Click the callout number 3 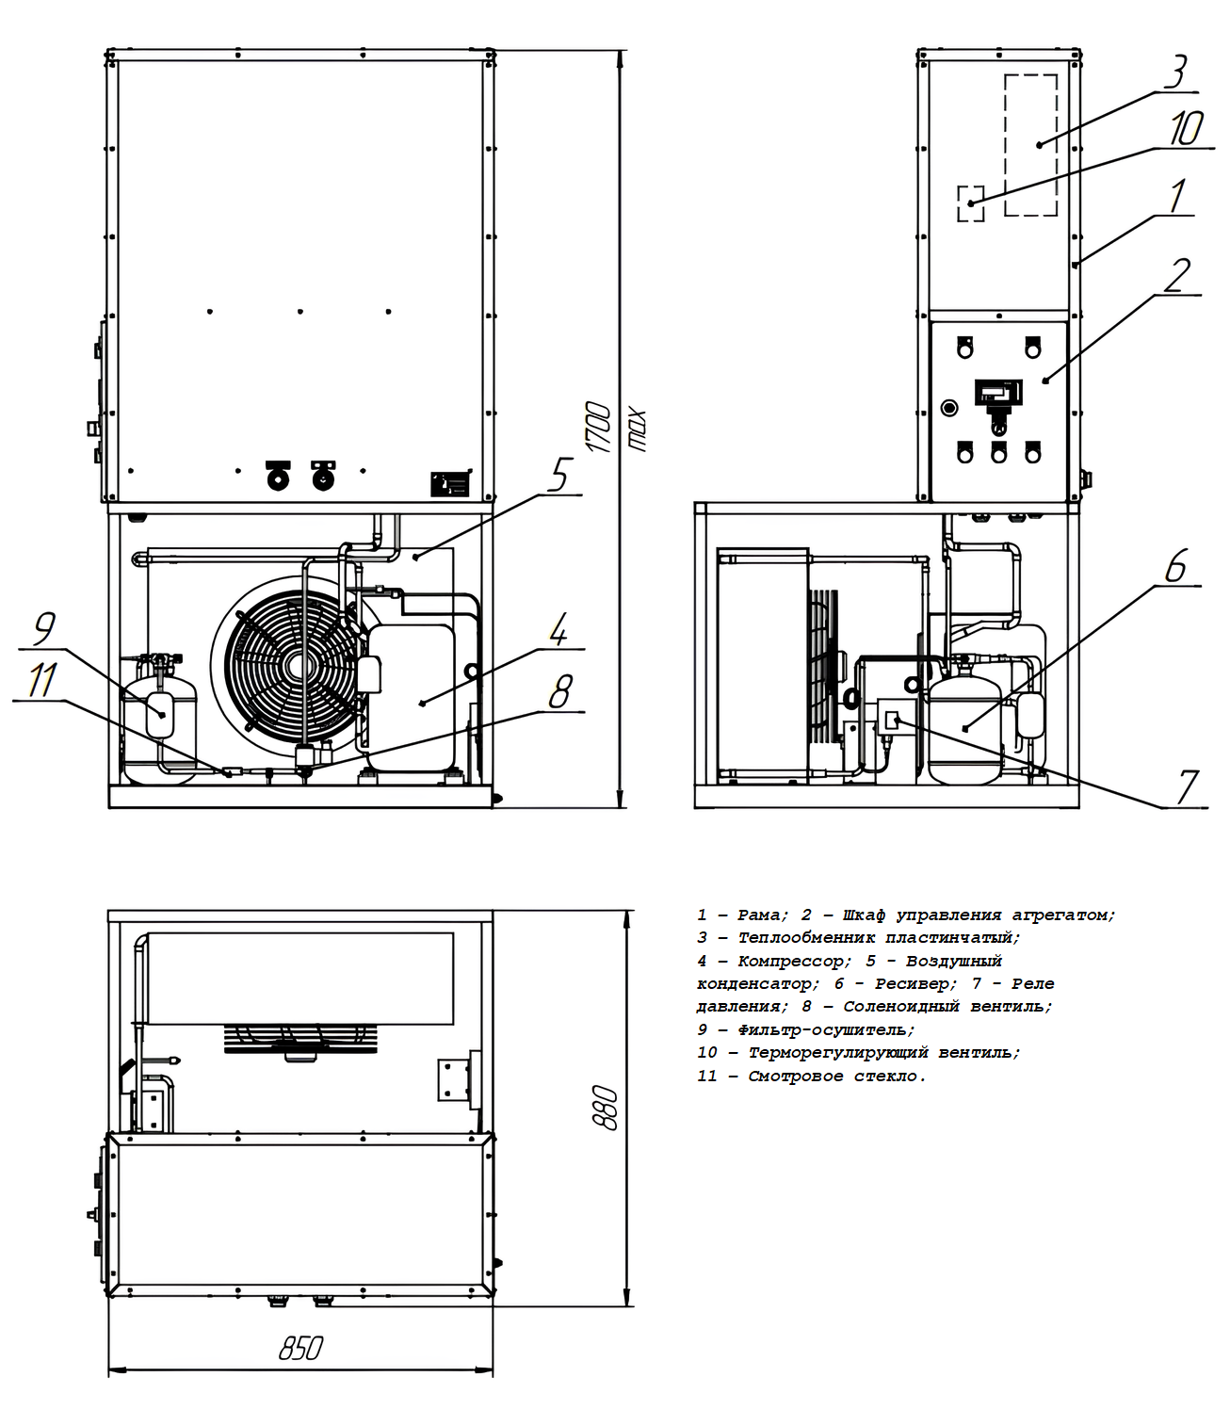point(1174,72)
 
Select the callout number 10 point(1186,129)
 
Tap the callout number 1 point(1176,197)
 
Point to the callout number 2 point(1177,275)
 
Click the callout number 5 point(559,475)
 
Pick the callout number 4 point(559,630)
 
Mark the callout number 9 point(43,628)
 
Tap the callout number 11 point(41,680)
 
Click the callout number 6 point(1175,566)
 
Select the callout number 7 point(1187,786)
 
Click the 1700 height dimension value point(600,428)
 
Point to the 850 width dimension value point(300,1348)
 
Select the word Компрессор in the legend point(792,962)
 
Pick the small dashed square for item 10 point(970,203)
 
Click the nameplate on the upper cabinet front point(449,484)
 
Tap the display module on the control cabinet point(996,389)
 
